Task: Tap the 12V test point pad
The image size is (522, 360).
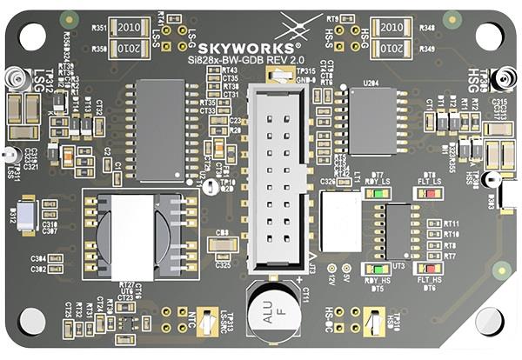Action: pyautogui.click(x=331, y=269)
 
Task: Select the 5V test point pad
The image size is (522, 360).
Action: pyautogui.click(x=346, y=269)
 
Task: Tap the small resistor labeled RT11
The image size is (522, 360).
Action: pyautogui.click(x=434, y=224)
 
